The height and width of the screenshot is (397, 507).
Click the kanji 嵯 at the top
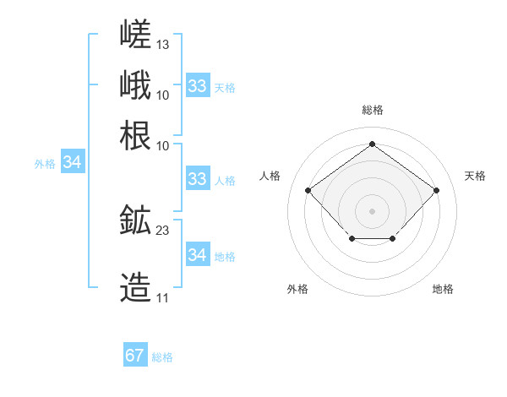135,34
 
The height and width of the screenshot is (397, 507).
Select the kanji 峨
135,84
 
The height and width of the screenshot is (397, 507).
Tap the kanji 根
135,135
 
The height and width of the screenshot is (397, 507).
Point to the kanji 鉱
135,220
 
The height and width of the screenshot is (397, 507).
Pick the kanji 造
135,287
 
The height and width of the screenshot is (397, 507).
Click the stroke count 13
162,45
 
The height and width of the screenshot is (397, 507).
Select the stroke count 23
162,231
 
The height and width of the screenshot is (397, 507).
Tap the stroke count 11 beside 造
162,298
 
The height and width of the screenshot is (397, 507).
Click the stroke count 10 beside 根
162,146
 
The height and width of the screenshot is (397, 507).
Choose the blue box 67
135,354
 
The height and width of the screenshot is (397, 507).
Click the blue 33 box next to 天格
199,85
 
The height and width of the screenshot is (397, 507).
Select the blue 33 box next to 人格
199,178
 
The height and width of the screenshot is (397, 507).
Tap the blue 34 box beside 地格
199,253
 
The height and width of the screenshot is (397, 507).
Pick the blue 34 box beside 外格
73,161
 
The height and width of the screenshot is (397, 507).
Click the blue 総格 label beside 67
162,357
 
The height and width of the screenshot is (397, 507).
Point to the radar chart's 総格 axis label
373,110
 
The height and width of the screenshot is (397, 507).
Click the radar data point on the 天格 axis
436,190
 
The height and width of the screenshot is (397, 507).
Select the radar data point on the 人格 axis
308,190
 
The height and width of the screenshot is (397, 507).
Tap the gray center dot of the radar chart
372,211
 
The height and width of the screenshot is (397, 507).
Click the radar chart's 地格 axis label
443,289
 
